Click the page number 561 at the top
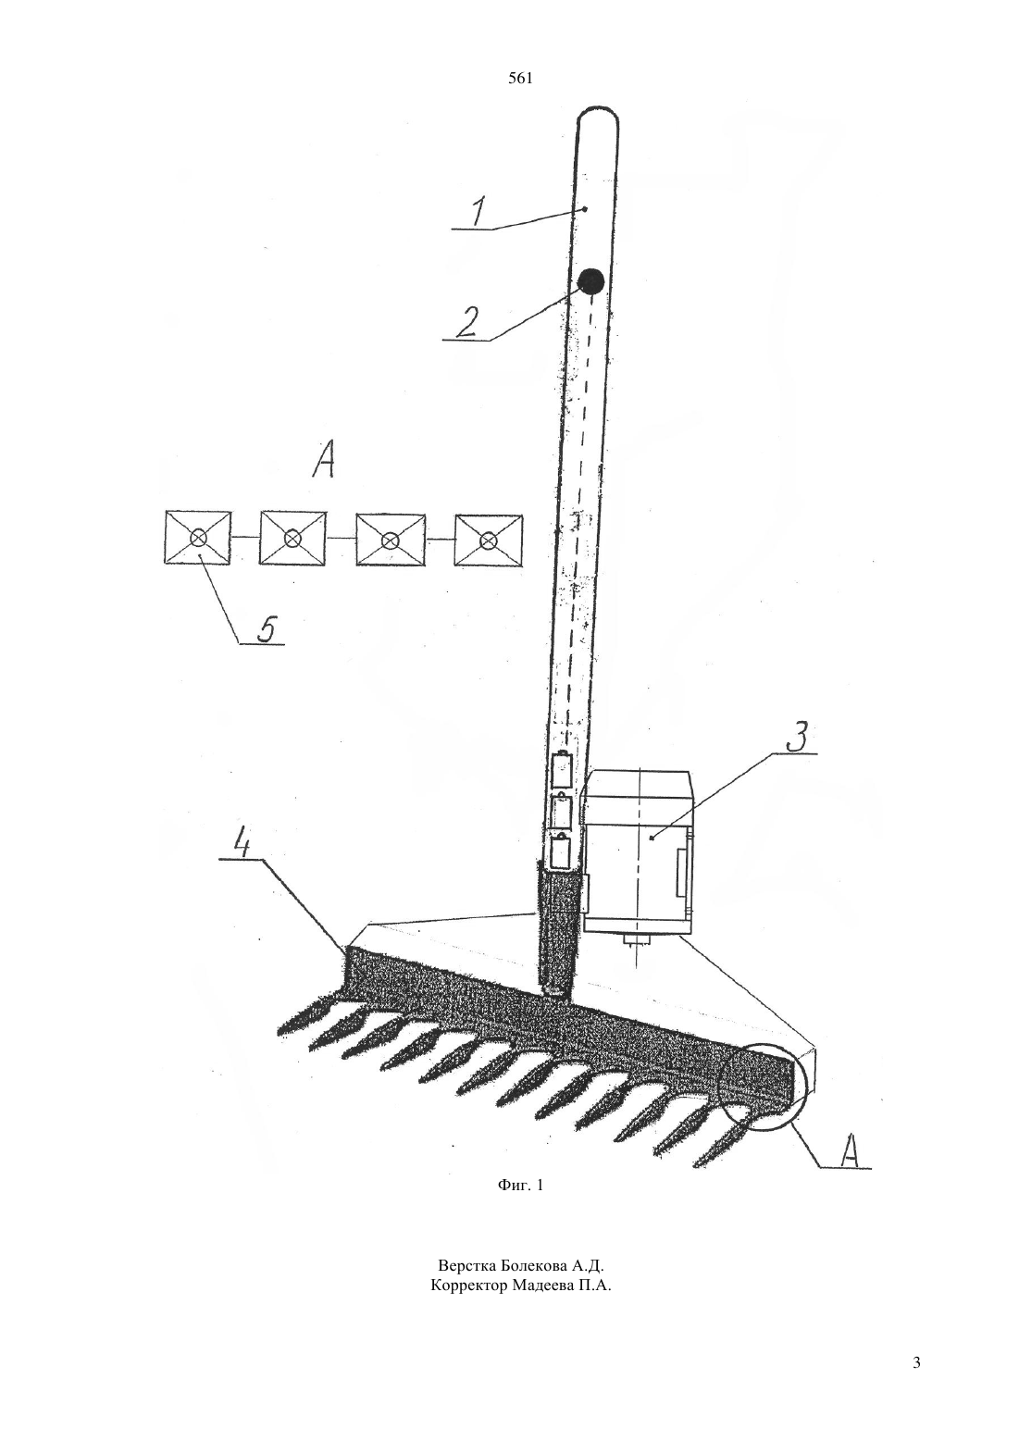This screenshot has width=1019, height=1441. [520, 79]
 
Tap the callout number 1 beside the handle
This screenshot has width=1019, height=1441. [478, 211]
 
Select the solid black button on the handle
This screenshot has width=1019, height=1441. [590, 281]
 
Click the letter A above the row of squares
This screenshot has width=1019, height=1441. [323, 462]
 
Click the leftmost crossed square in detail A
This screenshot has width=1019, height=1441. [197, 538]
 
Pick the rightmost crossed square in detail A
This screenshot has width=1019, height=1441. [489, 540]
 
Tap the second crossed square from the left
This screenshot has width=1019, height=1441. [292, 539]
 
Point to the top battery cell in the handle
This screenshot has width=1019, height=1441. [562, 769]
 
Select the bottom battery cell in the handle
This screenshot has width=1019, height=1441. [560, 851]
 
